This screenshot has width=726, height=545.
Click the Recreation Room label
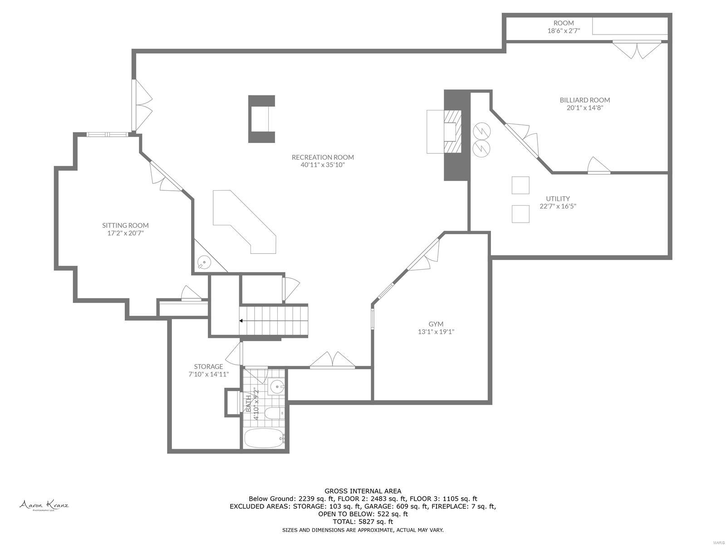pyautogui.click(x=323, y=157)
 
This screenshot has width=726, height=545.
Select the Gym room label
pyautogui.click(x=436, y=324)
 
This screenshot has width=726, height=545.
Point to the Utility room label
pyautogui.click(x=558, y=198)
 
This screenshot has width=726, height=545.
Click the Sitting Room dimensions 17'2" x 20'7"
pyautogui.click(x=125, y=233)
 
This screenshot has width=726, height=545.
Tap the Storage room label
pyautogui.click(x=208, y=367)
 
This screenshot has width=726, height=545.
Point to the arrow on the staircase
pyautogui.click(x=242, y=321)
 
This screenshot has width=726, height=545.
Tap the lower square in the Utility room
pyautogui.click(x=520, y=214)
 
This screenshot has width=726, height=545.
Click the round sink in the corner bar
pyautogui.click(x=205, y=262)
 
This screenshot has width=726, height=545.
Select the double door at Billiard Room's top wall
pyautogui.click(x=636, y=49)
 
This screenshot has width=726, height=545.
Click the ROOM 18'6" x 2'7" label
pyautogui.click(x=564, y=27)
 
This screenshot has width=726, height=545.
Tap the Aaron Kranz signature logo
pyautogui.click(x=44, y=505)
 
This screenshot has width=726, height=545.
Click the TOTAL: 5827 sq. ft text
pyautogui.click(x=363, y=522)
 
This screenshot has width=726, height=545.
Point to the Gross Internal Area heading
pyautogui.click(x=363, y=491)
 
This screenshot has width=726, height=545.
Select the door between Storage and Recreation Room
pyautogui.click(x=235, y=353)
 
